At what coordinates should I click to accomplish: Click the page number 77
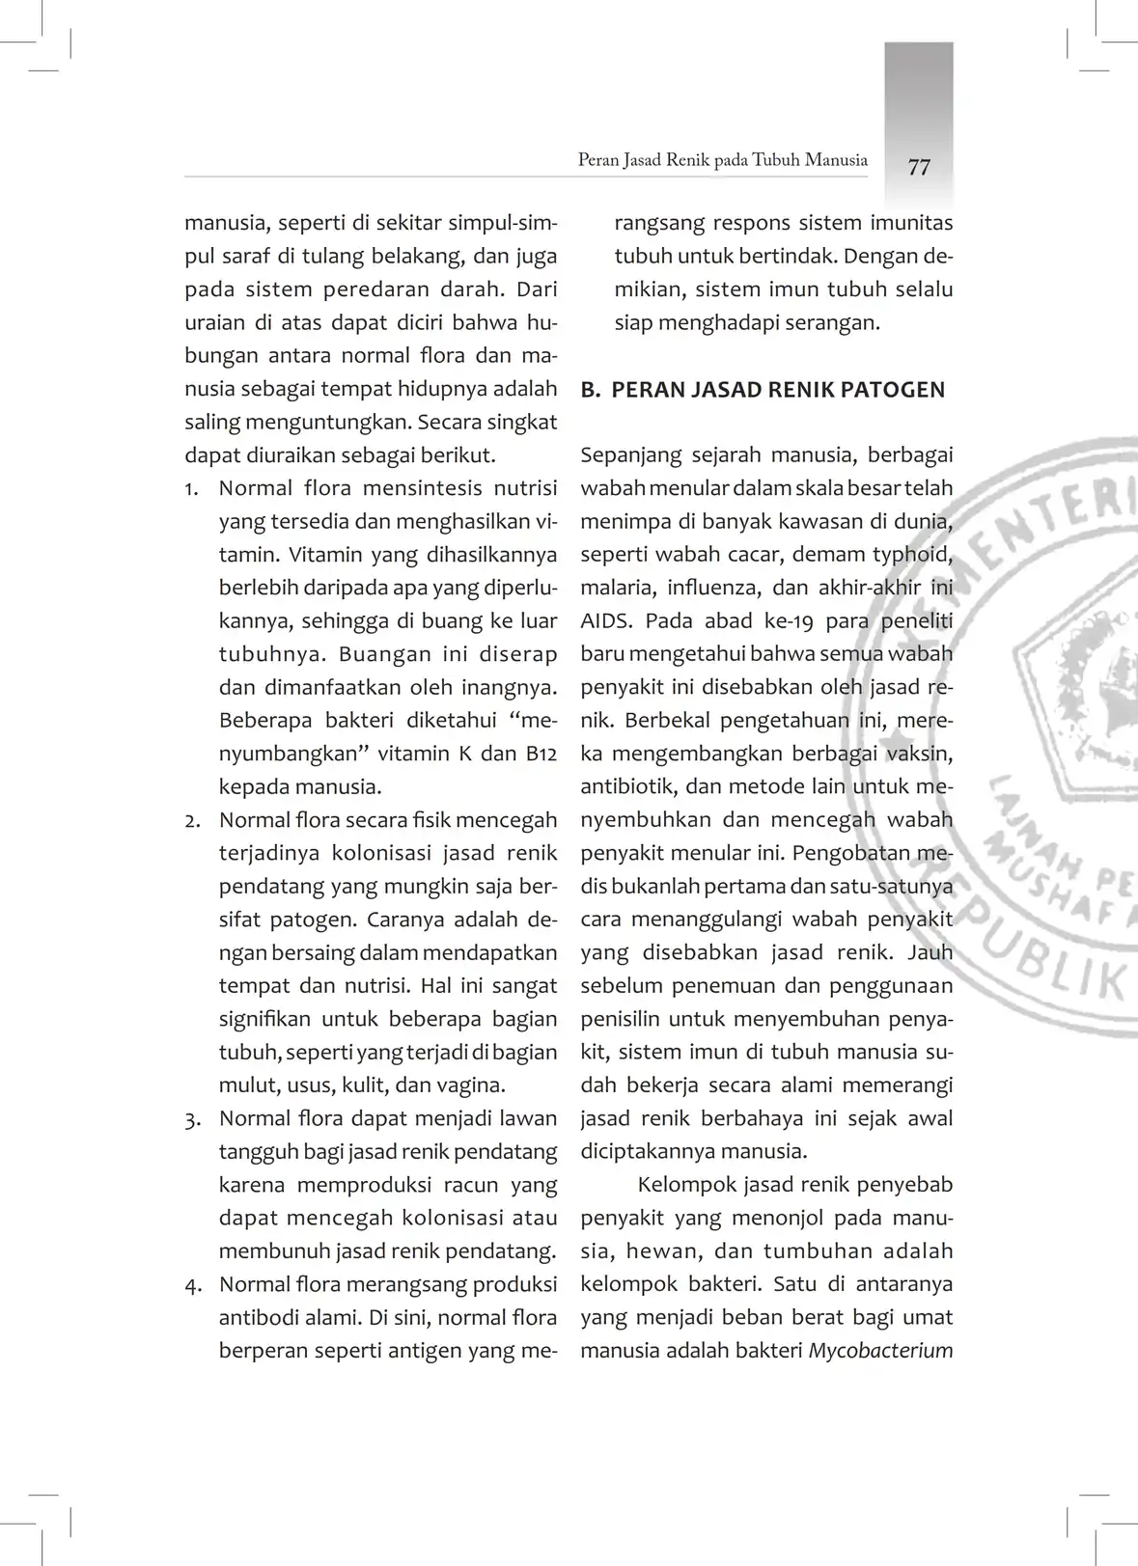point(919,167)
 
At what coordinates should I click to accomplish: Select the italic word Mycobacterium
point(880,1350)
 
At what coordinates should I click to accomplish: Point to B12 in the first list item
point(541,754)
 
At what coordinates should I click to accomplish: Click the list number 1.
point(192,488)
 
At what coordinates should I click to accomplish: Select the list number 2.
point(192,820)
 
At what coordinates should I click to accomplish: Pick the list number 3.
point(192,1119)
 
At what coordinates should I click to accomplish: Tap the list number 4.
point(192,1285)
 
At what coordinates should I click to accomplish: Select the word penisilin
point(619,1019)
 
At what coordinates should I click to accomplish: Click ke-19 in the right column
point(788,620)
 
